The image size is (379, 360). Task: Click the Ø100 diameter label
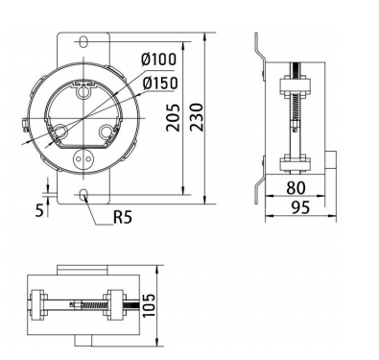[x=158, y=60]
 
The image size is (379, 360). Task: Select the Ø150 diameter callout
[x=160, y=84]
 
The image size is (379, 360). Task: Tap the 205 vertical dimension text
[x=174, y=117]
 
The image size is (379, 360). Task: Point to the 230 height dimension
[x=197, y=117]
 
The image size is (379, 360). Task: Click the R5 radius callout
[x=123, y=217]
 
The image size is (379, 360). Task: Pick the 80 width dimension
[x=296, y=188]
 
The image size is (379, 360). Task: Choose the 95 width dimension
[x=300, y=207]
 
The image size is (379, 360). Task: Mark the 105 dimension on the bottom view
[x=149, y=305]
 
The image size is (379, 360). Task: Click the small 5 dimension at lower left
[x=39, y=210]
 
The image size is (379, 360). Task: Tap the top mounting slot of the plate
[x=83, y=41]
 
